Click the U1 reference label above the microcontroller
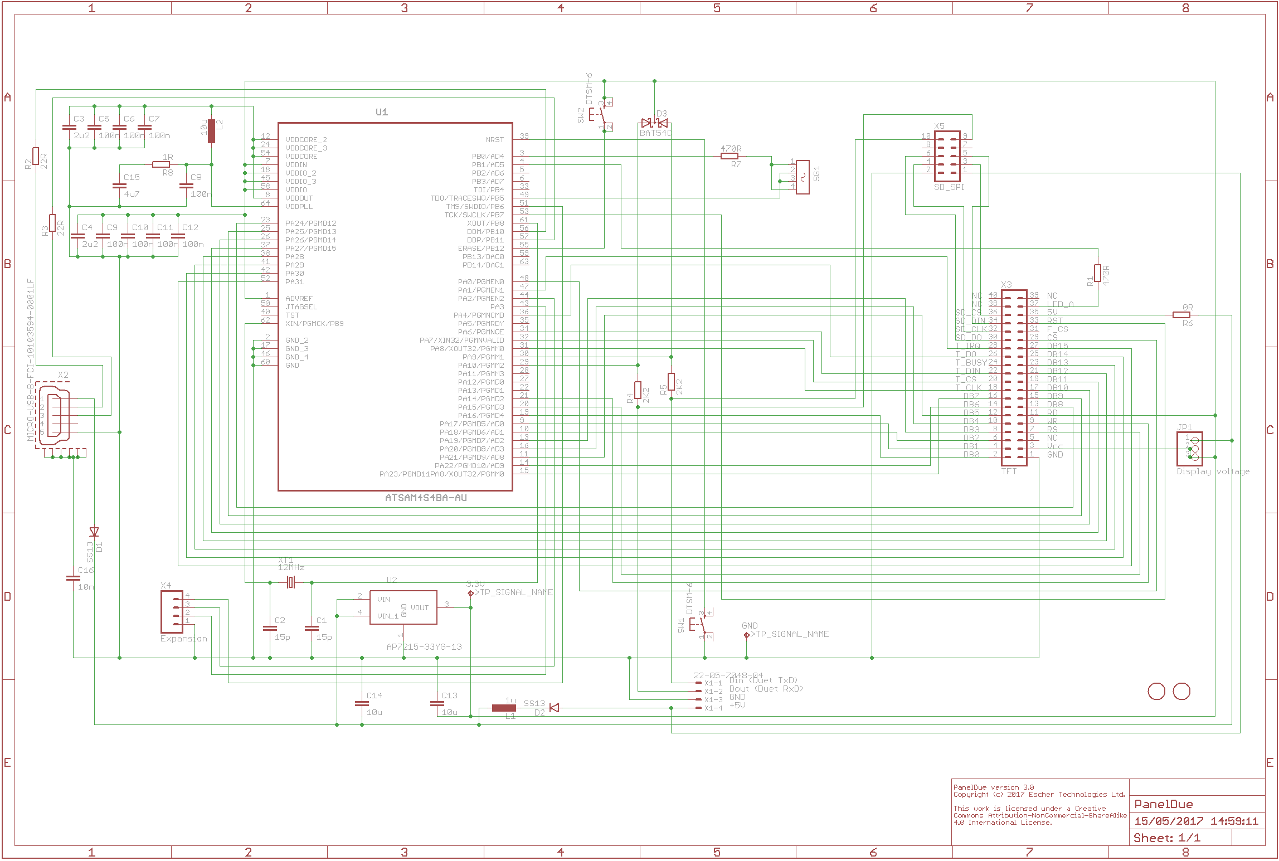381,112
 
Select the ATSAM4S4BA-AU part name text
426,498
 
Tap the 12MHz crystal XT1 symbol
290,582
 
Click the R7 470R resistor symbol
730,156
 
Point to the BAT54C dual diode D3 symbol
654,123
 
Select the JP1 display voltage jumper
1189,449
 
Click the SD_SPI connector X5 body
946,156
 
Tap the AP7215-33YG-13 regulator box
403,607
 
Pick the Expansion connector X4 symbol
172,611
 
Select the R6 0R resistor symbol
1181,315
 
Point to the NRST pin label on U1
494,140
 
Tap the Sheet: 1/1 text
1166,838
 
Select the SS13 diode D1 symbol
94,532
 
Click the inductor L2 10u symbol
211,131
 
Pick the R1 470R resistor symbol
1097,273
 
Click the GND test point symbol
746,635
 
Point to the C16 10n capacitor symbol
73,578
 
